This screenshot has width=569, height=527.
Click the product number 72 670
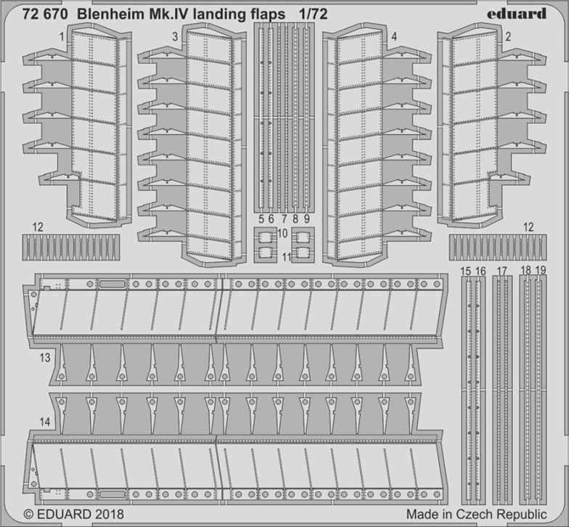45,15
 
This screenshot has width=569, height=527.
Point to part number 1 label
62,36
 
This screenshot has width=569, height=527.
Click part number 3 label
176,36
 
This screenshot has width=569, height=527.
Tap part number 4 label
395,36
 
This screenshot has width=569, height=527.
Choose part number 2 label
508,36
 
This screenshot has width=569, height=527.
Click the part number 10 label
282,233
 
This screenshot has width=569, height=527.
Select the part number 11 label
286,257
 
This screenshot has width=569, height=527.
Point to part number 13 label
45,358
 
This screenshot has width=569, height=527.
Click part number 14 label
45,422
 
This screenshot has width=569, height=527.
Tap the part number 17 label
502,271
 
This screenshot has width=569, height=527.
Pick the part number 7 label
284,219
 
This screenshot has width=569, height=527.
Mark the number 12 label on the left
38,227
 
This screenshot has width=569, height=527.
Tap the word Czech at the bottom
477,514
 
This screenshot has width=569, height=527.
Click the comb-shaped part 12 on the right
498,247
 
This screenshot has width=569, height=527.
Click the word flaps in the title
269,15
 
